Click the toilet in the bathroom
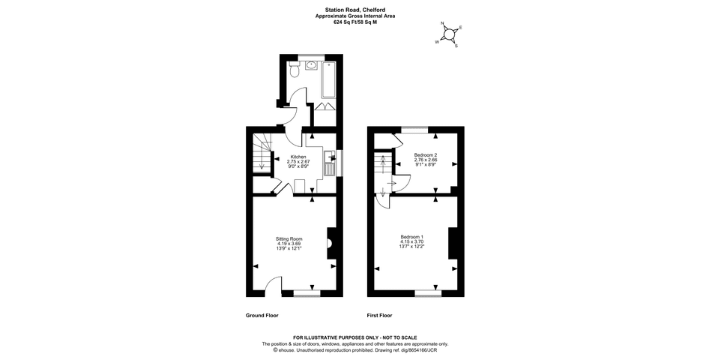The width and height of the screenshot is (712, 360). [x=294, y=73]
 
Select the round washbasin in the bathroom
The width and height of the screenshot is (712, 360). [x=310, y=66]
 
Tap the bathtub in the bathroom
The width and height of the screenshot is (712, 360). [x=328, y=79]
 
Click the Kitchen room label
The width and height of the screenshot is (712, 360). [x=298, y=157]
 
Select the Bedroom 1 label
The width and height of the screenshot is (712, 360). [x=413, y=237]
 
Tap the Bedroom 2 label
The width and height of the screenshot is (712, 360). [x=425, y=155]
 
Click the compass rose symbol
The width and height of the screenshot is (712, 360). [x=450, y=34]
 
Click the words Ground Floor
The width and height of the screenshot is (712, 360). [x=262, y=316]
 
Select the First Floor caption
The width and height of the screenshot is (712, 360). [x=379, y=316]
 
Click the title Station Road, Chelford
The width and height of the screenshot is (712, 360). [x=355, y=10]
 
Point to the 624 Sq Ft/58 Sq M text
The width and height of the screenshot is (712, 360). [x=355, y=22]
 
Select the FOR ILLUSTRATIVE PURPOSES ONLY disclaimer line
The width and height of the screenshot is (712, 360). [x=355, y=337]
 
